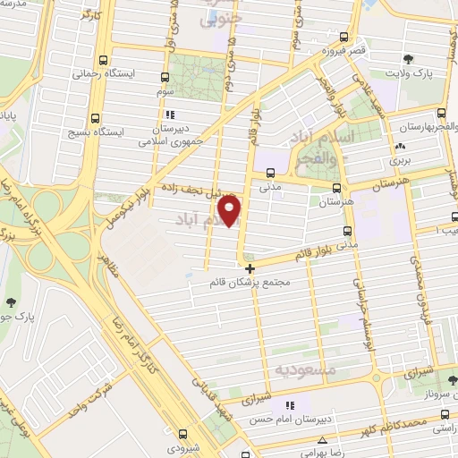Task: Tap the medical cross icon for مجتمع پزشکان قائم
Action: point(250,268)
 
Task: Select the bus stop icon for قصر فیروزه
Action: point(343,38)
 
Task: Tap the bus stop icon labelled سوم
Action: point(165,77)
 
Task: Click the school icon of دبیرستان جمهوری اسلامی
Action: point(170,114)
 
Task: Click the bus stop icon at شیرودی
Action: point(182,434)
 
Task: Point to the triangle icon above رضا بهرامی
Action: point(322,440)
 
